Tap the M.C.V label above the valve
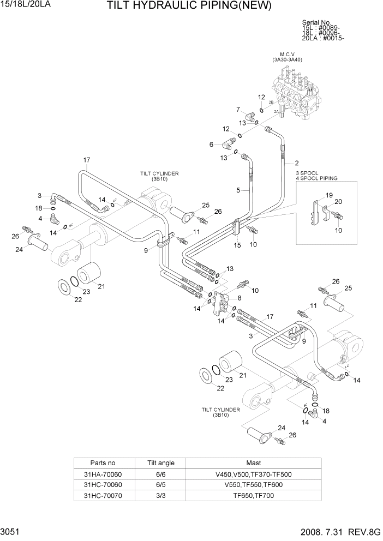[288, 54]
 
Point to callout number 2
[296, 163]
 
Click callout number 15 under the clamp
[237, 246]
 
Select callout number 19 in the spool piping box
[329, 195]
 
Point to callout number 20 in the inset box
[338, 201]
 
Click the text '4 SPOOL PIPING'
[316, 178]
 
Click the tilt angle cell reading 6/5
[160, 485]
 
